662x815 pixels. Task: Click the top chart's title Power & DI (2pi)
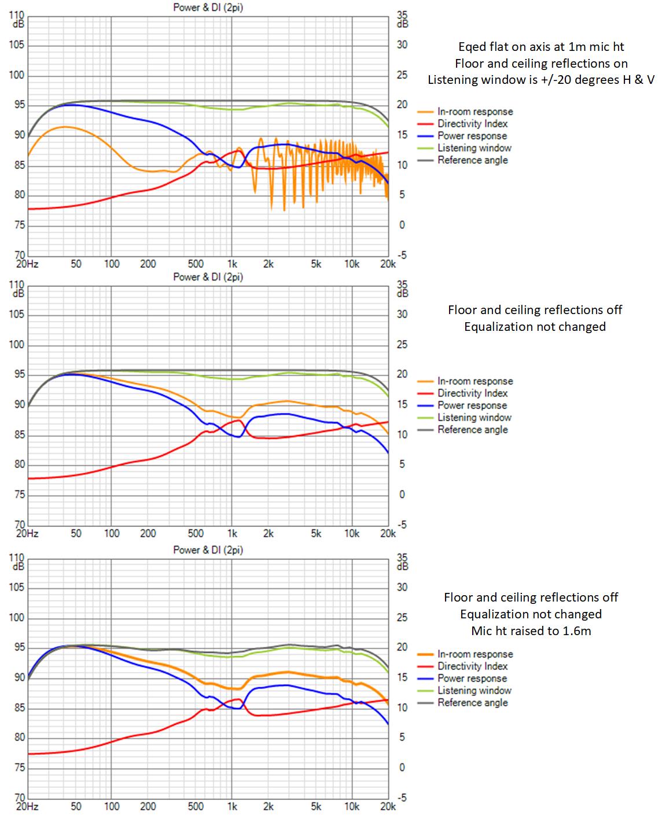(x=208, y=8)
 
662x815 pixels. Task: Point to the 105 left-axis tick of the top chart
(x=16, y=45)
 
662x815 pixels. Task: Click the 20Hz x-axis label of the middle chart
(x=27, y=533)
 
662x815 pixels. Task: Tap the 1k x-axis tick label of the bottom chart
(x=232, y=806)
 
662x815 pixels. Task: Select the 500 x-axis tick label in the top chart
(x=195, y=264)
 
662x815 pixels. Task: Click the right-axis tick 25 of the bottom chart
(x=402, y=617)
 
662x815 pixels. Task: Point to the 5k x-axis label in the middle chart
(x=316, y=533)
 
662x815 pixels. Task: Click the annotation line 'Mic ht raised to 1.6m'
(x=531, y=630)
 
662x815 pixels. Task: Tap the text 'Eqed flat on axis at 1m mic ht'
(x=541, y=47)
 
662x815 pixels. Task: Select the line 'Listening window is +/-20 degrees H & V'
(x=541, y=80)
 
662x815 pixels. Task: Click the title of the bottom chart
(x=208, y=550)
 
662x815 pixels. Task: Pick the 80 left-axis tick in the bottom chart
(x=19, y=737)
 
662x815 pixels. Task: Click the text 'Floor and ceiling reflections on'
(x=541, y=63)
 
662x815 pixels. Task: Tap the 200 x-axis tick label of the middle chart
(x=148, y=533)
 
